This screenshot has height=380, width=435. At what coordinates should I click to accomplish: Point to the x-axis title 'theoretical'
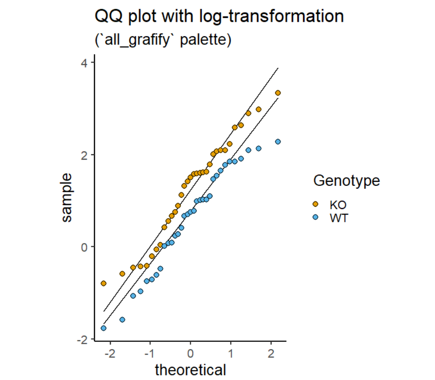coord(190,370)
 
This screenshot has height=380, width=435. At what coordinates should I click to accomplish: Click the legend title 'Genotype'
coord(346,181)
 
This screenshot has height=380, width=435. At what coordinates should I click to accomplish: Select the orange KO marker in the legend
coord(316,205)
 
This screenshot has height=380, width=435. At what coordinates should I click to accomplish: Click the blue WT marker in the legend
coord(316,218)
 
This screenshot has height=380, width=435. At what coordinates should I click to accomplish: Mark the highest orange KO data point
coord(278,93)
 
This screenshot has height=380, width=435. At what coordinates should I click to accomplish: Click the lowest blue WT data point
coord(104,328)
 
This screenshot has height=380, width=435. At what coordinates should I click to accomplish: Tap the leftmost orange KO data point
coord(104,283)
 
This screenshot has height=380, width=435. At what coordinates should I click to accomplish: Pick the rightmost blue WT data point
coord(278,142)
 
